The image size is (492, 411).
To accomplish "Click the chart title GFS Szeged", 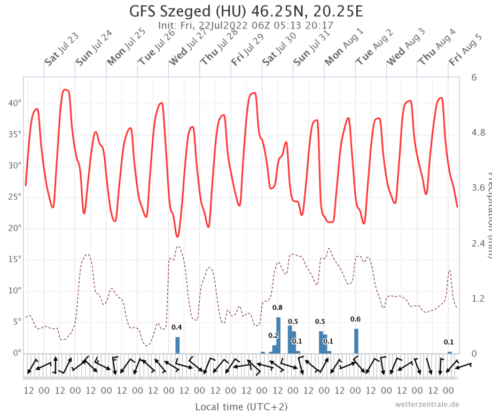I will (245, 11).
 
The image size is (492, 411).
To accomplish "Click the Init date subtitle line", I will (245, 25).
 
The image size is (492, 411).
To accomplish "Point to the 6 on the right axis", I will (474, 78).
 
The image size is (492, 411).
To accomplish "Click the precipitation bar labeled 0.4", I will (177, 345).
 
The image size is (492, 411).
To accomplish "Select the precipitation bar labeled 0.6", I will (356, 341).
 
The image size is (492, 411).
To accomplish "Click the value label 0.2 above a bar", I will (273, 336).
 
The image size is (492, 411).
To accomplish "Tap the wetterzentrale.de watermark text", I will (427, 404).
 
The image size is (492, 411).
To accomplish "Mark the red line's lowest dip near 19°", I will (177, 236).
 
